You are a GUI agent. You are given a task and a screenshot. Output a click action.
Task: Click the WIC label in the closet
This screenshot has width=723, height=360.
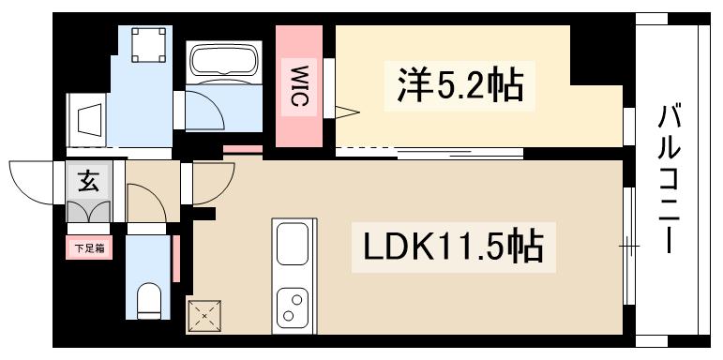(299, 86)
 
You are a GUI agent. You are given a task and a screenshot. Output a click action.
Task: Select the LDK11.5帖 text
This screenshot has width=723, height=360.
(451, 247)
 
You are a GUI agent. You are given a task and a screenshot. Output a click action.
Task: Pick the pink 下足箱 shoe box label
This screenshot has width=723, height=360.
(89, 247)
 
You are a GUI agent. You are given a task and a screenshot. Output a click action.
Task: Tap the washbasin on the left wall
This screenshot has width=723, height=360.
(91, 121)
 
